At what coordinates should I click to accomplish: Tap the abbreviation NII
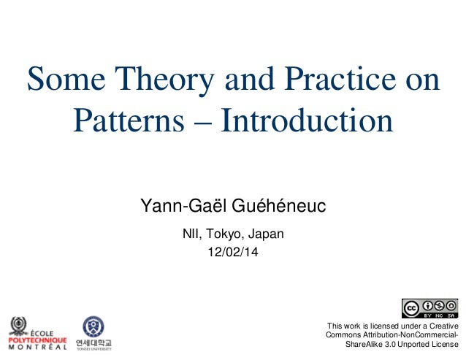click(191, 234)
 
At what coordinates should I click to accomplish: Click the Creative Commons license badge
click(429, 308)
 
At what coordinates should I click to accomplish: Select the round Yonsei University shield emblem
click(93, 326)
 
